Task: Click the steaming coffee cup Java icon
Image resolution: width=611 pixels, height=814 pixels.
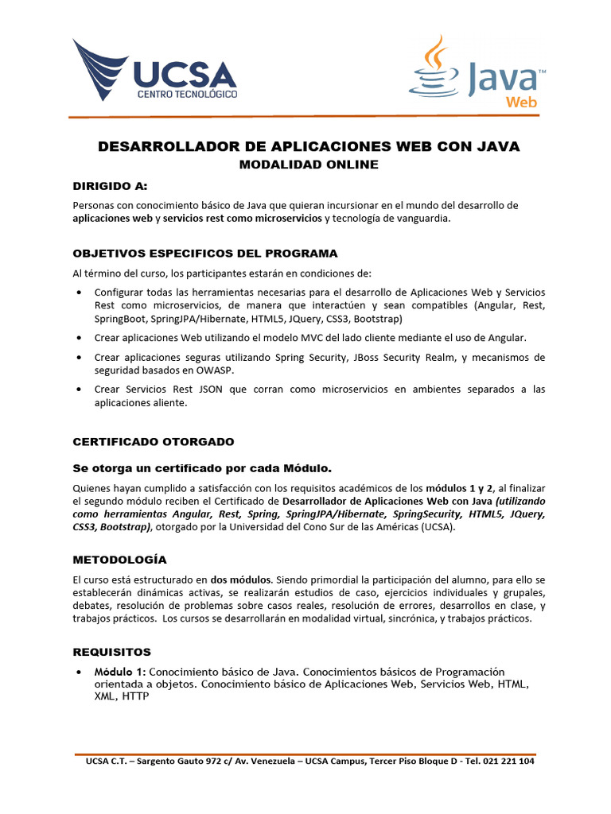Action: [x=434, y=68]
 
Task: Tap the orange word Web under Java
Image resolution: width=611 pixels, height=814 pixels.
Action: [x=521, y=102]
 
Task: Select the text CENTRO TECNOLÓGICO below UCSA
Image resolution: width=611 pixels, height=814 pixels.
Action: [x=188, y=94]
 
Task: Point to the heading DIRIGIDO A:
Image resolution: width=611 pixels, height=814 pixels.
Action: [x=111, y=186]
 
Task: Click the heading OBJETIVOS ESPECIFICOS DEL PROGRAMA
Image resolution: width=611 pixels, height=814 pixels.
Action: [x=205, y=253]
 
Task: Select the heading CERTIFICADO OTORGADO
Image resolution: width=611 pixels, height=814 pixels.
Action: [x=154, y=441]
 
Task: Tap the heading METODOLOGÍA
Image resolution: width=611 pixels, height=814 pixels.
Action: [x=120, y=560]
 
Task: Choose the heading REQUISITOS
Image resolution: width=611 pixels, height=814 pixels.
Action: [x=111, y=652]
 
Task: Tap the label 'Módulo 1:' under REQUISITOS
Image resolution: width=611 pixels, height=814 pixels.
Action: [x=120, y=672]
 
